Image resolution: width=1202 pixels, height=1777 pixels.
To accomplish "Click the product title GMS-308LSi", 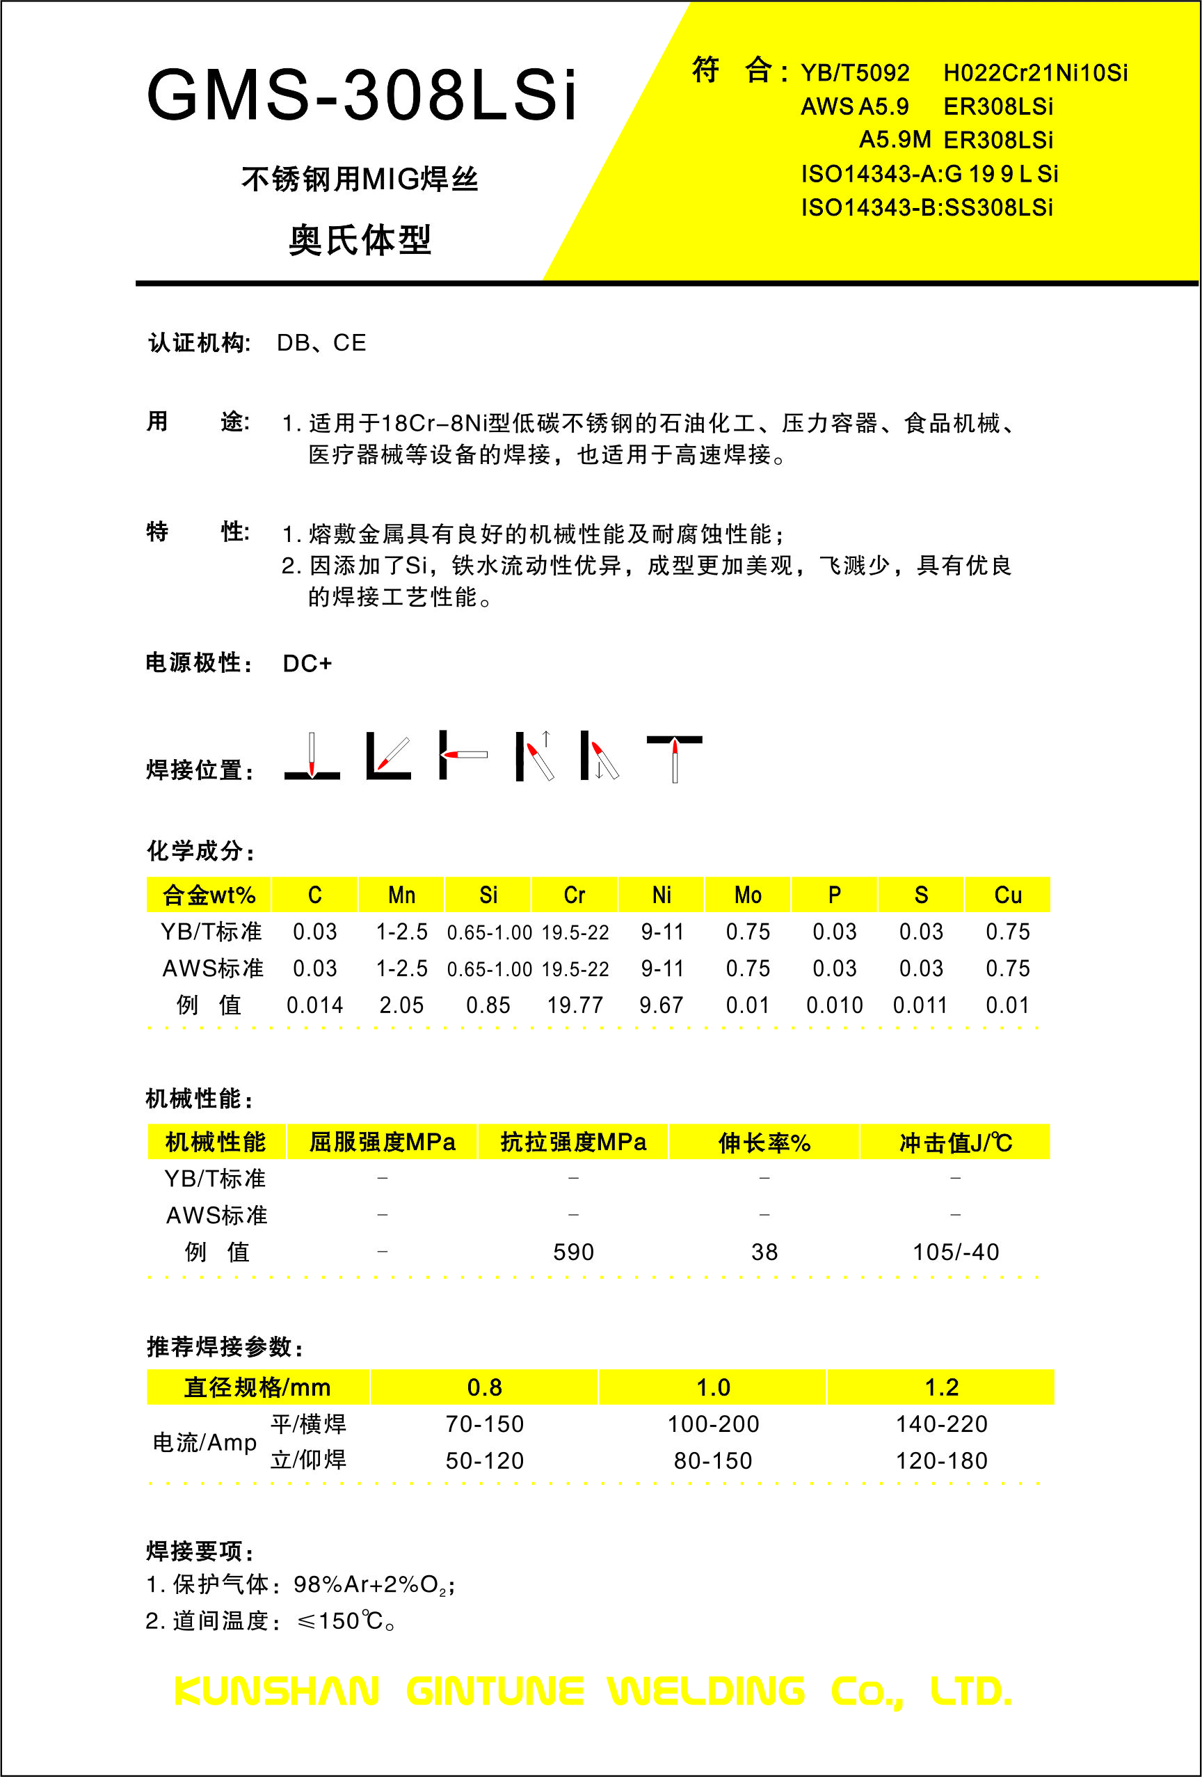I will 361,95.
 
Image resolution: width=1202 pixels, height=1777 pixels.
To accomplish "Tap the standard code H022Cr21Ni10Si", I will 1035,72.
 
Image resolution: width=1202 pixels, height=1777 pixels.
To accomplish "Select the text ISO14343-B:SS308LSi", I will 927,207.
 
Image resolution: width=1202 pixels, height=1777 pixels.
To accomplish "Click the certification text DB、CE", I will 321,342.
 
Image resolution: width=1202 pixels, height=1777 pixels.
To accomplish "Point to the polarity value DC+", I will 307,663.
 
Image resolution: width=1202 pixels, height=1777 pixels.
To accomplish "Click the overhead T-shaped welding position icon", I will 675,757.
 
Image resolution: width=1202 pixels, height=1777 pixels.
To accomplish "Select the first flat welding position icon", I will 312,757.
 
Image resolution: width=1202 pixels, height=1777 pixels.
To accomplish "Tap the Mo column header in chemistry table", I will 748,895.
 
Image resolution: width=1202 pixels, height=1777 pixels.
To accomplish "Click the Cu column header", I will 1008,895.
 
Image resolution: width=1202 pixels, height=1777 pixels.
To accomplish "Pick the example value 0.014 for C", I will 314,1005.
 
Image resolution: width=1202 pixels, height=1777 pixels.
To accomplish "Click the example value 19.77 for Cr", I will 575,1005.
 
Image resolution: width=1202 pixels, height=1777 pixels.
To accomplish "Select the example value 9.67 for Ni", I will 662,1005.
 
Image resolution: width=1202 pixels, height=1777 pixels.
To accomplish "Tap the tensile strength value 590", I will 573,1252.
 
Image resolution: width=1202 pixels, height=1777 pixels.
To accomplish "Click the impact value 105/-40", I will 956,1252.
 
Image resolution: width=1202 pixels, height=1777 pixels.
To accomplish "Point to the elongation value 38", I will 764,1252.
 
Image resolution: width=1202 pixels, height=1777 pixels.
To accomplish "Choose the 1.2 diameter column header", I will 941,1387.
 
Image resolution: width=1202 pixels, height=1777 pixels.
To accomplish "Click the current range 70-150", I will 485,1424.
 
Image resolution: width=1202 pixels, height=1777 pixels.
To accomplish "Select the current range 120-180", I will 941,1460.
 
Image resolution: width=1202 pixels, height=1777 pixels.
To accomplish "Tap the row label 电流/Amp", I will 205,1442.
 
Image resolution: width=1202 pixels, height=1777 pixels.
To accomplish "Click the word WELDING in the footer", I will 706,1691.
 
